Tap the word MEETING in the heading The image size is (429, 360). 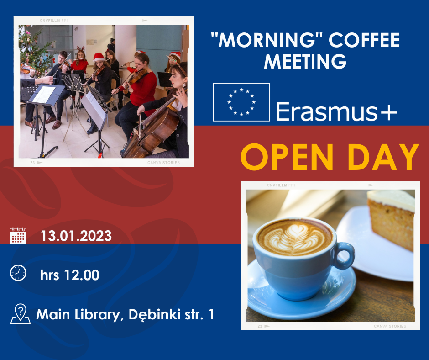click(305, 61)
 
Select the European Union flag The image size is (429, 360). click(241, 102)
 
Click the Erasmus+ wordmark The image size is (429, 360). click(336, 111)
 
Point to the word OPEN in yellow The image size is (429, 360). click(287, 157)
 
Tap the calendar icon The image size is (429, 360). click(18, 235)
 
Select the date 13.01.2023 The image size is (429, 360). click(76, 236)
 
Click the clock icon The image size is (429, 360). click(18, 273)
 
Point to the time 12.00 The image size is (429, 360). click(82, 275)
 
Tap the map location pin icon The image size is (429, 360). click(20, 314)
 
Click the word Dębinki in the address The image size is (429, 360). click(155, 314)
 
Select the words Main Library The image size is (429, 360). click(78, 315)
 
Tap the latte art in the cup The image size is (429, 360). click(295, 238)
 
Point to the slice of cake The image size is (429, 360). click(391, 218)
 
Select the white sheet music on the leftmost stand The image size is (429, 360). click(44, 95)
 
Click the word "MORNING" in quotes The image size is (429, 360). click(267, 40)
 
